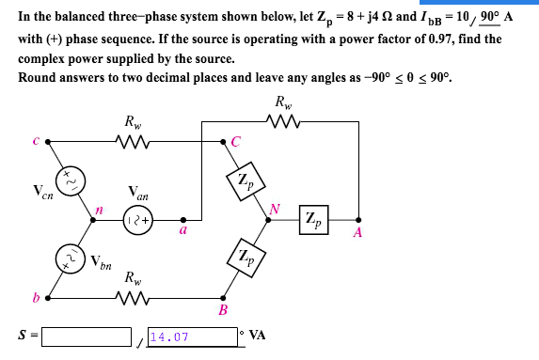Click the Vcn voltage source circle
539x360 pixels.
coord(71,178)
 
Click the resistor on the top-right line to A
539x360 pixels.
coord(282,119)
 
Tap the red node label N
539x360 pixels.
coord(275,209)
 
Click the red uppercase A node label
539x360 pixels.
coord(357,234)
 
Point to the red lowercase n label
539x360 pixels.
coord(97,210)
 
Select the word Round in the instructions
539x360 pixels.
coord(36,76)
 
